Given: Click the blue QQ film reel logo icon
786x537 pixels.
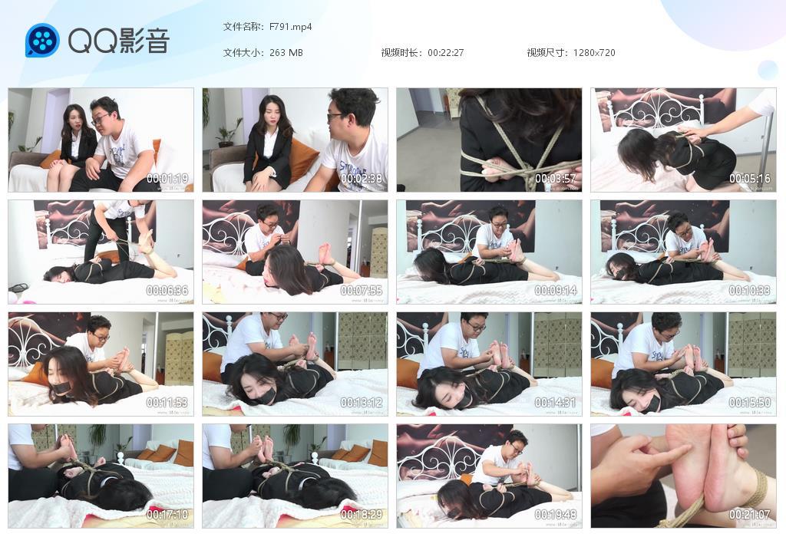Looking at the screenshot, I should pos(42,40).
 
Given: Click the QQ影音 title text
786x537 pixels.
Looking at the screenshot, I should pos(118,41).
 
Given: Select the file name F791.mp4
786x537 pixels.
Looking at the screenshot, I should pos(290,27).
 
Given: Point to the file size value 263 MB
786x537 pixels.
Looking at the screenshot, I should pos(286,53).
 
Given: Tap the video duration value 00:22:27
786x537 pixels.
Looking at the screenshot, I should pos(445,53).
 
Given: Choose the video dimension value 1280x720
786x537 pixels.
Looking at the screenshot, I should pos(593,53).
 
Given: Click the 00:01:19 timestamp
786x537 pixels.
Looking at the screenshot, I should pos(167,179).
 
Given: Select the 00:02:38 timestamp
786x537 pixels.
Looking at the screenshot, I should pos(362,179).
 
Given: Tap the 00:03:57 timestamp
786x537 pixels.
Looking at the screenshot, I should pos(556,179).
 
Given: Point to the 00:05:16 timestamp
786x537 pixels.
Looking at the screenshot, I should pos(750,179).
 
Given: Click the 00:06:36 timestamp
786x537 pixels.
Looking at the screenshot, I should pos(167,291).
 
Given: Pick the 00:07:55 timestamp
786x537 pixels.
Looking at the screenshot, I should pos(362,291).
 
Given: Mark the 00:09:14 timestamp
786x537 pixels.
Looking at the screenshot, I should pos(556,291).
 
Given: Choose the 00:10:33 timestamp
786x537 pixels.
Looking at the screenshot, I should pos(750,291).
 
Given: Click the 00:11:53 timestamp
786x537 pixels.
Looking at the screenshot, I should pos(167,403).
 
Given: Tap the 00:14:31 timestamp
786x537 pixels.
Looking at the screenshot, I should pos(556,403).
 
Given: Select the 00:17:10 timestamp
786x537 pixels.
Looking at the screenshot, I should pos(167,515).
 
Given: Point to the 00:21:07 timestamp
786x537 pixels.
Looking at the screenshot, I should pos(750,515).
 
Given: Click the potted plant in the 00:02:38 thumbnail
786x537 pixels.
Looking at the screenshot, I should pos(227,133).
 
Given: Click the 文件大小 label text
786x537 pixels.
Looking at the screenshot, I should pos(243,53).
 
